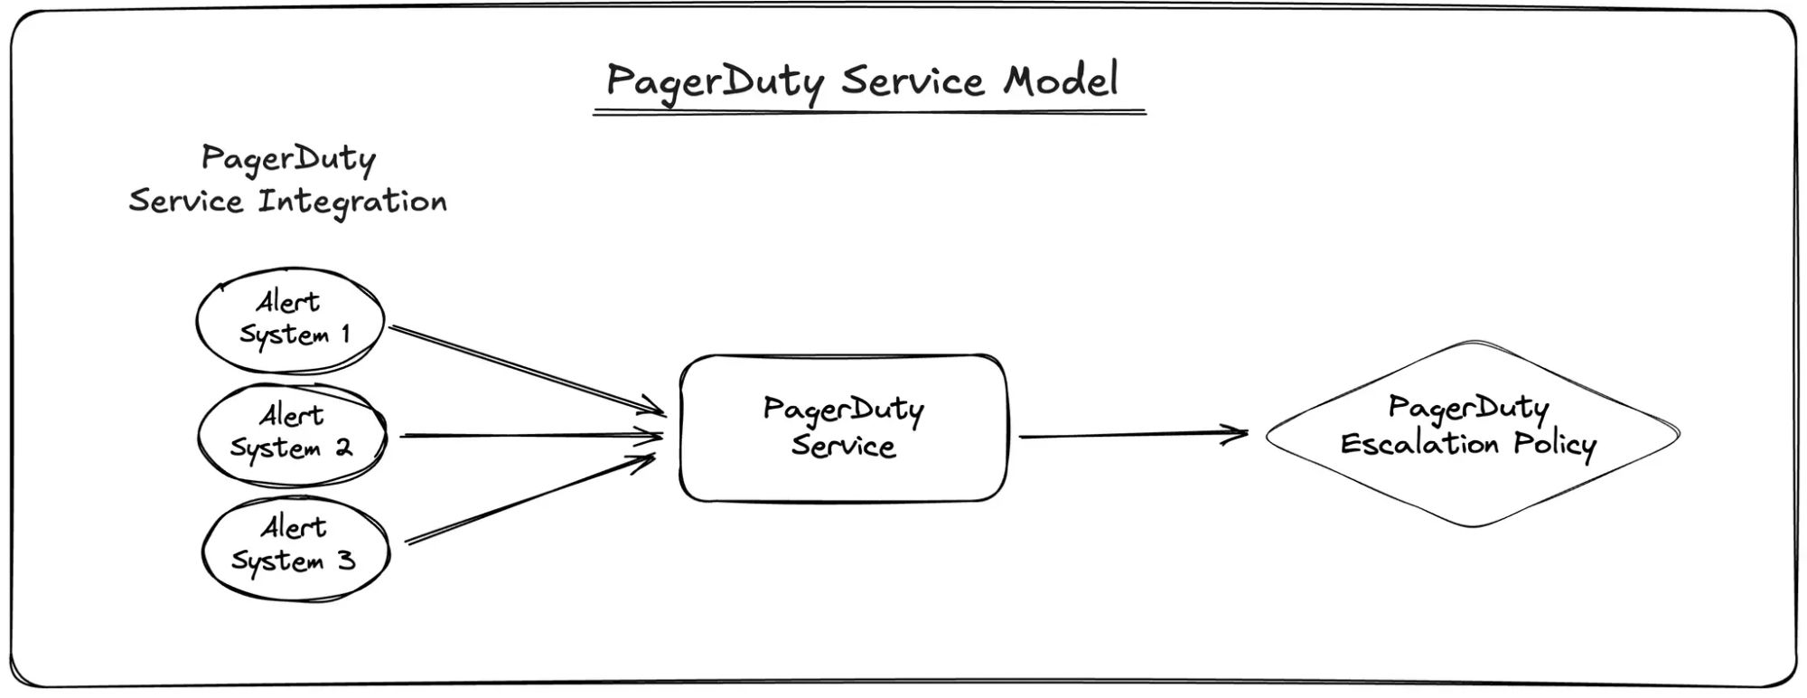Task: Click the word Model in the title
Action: tap(1061, 80)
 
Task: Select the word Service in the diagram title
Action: tap(912, 81)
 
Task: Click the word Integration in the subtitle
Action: tap(352, 202)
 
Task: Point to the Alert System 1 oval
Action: tap(290, 320)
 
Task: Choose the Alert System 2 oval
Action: tap(292, 435)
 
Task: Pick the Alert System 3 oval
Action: tap(295, 549)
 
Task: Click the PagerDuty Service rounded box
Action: tap(843, 428)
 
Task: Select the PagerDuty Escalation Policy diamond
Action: tap(1473, 434)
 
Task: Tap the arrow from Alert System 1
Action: tap(528, 371)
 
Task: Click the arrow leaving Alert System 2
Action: tap(532, 436)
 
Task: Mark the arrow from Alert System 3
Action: tap(530, 499)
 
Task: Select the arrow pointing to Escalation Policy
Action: tap(1134, 435)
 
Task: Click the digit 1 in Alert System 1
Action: tap(345, 334)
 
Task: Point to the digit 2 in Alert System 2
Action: tap(343, 447)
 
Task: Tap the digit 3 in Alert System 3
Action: tap(346, 561)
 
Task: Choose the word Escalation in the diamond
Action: tap(1418, 444)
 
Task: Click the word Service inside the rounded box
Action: tap(844, 446)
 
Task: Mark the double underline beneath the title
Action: tap(869, 113)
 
